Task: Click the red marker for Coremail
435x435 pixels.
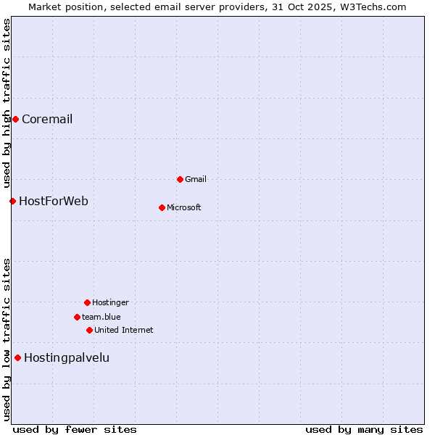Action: [15, 119]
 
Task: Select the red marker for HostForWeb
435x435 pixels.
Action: [12, 201]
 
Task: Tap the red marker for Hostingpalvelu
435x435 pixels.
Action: [17, 357]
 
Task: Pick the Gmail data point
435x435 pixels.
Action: [180, 179]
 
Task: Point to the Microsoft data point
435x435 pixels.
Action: [162, 207]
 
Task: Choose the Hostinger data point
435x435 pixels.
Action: [87, 302]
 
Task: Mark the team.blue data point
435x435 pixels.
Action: [77, 317]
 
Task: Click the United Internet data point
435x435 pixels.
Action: [89, 330]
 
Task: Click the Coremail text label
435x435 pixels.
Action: [47, 119]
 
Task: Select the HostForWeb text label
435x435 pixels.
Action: [54, 201]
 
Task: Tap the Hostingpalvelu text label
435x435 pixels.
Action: [67, 357]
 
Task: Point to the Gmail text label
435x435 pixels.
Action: [196, 179]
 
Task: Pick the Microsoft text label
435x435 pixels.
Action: [184, 207]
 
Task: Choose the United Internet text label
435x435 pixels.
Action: [124, 330]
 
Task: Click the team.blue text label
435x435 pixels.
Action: [101, 317]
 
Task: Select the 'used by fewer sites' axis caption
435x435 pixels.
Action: [75, 429]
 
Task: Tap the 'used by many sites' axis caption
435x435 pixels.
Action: [364, 429]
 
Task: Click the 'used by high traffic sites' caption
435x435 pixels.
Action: [7, 103]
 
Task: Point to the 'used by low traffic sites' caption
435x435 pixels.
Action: [7, 339]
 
